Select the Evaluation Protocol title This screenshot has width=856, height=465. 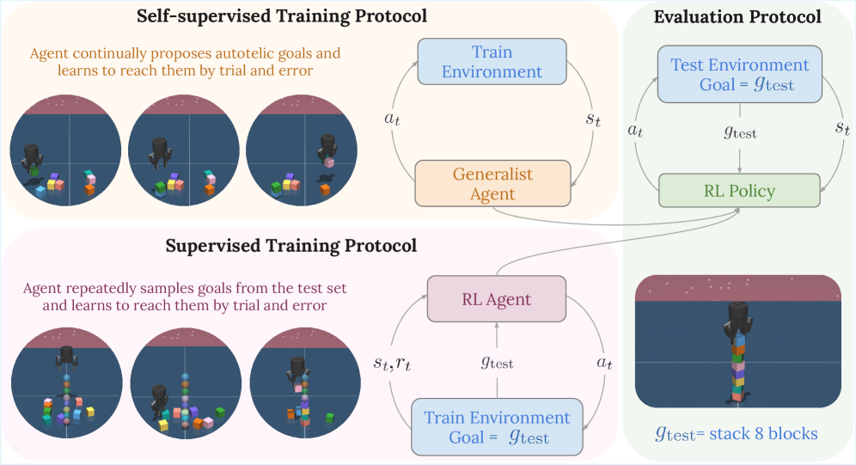tap(737, 16)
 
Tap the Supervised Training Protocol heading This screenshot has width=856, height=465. tap(290, 246)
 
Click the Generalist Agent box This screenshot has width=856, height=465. tap(492, 183)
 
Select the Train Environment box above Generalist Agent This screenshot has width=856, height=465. tap(492, 61)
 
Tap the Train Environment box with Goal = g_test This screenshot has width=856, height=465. tap(497, 426)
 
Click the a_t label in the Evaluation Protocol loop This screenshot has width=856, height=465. tap(635, 130)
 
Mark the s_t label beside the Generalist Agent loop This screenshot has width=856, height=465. tap(593, 119)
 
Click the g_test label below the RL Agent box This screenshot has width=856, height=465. tap(496, 363)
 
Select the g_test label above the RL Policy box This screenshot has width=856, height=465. tap(739, 133)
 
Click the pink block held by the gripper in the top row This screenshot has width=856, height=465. tap(328, 162)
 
